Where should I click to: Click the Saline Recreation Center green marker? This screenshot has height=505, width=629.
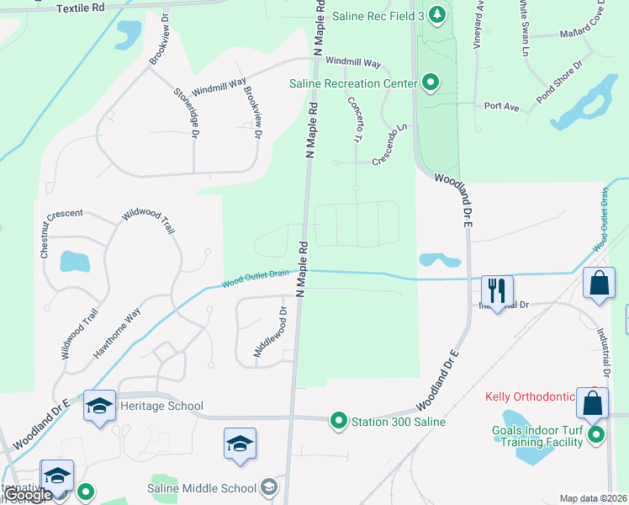point(431,82)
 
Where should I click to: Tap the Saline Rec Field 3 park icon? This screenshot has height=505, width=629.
point(436,14)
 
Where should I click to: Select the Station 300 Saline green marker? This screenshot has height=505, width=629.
point(339,421)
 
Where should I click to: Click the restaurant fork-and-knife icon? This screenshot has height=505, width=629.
point(496,291)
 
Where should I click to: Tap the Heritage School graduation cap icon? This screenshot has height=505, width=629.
point(99,407)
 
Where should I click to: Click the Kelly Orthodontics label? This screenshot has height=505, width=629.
point(530,396)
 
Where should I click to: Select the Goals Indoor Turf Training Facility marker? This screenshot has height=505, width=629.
point(596,434)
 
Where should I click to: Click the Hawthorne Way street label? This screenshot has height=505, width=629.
point(117,334)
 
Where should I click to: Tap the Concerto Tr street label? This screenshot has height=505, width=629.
point(354,119)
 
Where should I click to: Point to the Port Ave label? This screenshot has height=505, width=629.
point(501,106)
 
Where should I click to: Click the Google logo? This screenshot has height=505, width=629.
point(27,496)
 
